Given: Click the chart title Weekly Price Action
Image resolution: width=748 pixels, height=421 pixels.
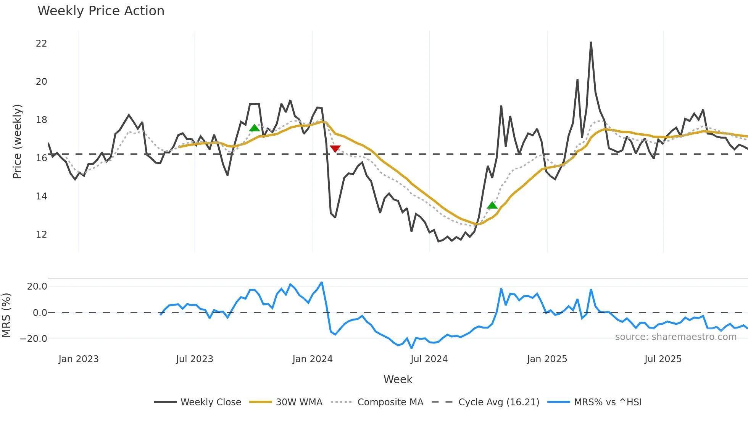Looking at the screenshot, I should (101, 11).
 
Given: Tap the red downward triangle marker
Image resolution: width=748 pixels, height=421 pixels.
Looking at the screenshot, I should (335, 149).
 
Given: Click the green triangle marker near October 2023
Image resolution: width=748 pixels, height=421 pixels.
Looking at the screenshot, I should (254, 128).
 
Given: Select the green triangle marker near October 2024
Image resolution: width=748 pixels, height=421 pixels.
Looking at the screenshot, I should (492, 206).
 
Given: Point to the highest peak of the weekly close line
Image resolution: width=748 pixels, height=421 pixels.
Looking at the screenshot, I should (591, 42).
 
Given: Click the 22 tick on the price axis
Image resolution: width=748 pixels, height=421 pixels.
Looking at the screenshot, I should (42, 44).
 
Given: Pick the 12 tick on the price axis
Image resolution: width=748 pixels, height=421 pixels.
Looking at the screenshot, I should (42, 235).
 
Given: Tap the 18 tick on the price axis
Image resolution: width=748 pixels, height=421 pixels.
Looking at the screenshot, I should (42, 120).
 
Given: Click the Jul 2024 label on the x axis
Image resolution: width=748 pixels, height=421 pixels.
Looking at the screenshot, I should (429, 359).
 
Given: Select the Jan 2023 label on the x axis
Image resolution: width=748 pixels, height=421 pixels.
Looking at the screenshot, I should (79, 359).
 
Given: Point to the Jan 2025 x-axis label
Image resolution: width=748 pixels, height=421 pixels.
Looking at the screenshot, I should (547, 359).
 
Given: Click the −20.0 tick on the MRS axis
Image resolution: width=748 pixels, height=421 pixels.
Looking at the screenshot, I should (34, 339).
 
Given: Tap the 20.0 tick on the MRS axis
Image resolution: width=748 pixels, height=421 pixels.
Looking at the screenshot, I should (37, 287).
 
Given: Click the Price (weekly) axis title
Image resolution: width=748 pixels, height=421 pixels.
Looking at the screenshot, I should (18, 141).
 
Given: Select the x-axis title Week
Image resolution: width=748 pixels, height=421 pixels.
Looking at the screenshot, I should (398, 379).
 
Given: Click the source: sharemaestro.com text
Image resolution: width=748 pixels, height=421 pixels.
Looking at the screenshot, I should (675, 337).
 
